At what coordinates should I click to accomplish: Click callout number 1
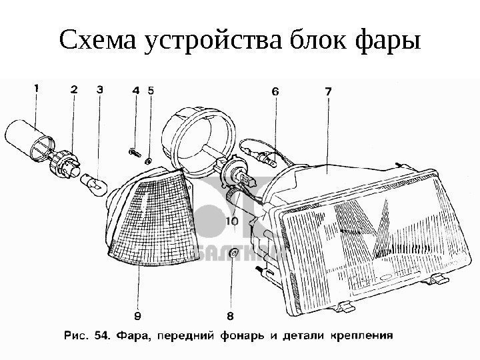(38, 87)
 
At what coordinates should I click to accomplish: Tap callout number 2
(74, 89)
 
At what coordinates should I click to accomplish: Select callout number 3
(99, 89)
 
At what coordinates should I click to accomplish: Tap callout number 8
(230, 315)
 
